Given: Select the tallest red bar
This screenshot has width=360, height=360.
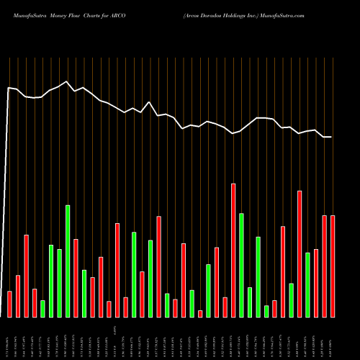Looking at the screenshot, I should [233, 250].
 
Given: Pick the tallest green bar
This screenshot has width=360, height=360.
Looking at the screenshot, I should [68, 261].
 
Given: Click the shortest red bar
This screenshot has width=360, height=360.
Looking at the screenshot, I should [200, 313].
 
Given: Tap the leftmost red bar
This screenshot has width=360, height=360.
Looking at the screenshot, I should [9, 304].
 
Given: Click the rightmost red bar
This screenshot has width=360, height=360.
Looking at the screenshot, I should [333, 266].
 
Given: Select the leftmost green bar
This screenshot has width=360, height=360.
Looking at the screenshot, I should [42, 308].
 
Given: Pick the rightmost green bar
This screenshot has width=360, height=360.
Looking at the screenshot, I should [308, 284].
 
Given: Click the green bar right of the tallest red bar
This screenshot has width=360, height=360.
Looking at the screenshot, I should [241, 265].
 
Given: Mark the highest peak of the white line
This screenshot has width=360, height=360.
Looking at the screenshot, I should [66, 81].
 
